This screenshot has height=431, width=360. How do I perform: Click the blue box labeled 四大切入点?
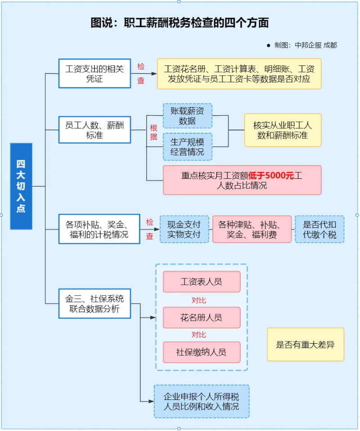pyautogui.click(x=21, y=186)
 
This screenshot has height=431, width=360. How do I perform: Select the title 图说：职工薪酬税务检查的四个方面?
pyautogui.click(x=180, y=23)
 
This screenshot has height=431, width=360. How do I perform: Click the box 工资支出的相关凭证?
pyautogui.click(x=94, y=73)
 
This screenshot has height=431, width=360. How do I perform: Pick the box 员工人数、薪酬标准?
pyautogui.click(x=94, y=130)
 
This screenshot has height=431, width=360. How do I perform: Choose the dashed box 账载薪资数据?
pyautogui.click(x=187, y=116)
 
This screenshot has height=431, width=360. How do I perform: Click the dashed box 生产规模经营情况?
pyautogui.click(x=187, y=146)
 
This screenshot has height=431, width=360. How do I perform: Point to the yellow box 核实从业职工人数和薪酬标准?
pyautogui.click(x=283, y=130)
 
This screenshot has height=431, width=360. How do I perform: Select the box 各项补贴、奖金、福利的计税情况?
pyautogui.click(x=99, y=229)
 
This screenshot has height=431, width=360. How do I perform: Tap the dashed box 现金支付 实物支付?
pyautogui.click(x=184, y=229)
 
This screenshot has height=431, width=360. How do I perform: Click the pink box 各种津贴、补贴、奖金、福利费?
pyautogui.click(x=252, y=229)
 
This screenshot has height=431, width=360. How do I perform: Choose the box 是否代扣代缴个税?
pyautogui.click(x=319, y=229)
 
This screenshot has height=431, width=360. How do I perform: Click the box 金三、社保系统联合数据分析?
pyautogui.click(x=94, y=304)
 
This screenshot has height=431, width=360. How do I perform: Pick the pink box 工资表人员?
pyautogui.click(x=201, y=282)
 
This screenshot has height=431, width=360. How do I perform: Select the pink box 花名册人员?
pyautogui.click(x=201, y=318)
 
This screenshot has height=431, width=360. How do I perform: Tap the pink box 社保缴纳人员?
pyautogui.click(x=201, y=352)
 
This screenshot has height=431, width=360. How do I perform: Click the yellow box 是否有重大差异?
pyautogui.click(x=305, y=345)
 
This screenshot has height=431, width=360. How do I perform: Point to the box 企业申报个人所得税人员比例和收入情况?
pyautogui.click(x=201, y=401)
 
